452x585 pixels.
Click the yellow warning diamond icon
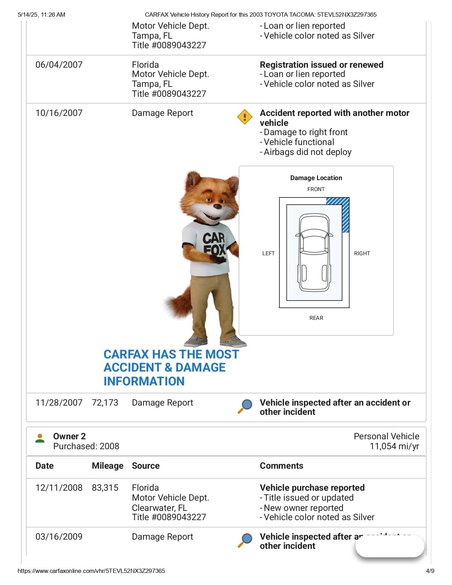[x=245, y=117]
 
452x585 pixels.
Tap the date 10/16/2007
[x=59, y=113]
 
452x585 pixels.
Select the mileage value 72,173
[x=105, y=403]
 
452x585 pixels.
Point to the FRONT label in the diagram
[x=316, y=189]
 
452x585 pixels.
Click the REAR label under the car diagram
[x=316, y=318]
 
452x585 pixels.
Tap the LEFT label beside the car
[x=268, y=253]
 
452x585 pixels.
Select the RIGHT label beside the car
[x=362, y=253]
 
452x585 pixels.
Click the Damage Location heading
[x=316, y=178]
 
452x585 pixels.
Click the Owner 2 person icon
[x=40, y=439]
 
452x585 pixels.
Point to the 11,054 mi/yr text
[x=394, y=446]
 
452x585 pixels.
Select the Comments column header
[x=281, y=466]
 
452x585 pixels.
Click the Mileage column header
[x=107, y=466]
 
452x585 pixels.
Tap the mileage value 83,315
[x=105, y=488]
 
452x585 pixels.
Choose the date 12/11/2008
[x=59, y=488]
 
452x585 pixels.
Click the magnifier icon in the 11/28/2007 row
[x=245, y=406]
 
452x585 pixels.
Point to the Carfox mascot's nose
[x=217, y=206]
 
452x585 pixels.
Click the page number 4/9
[x=430, y=571]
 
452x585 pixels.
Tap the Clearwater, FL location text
[x=160, y=508]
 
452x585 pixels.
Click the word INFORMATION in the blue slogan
[x=144, y=381]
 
